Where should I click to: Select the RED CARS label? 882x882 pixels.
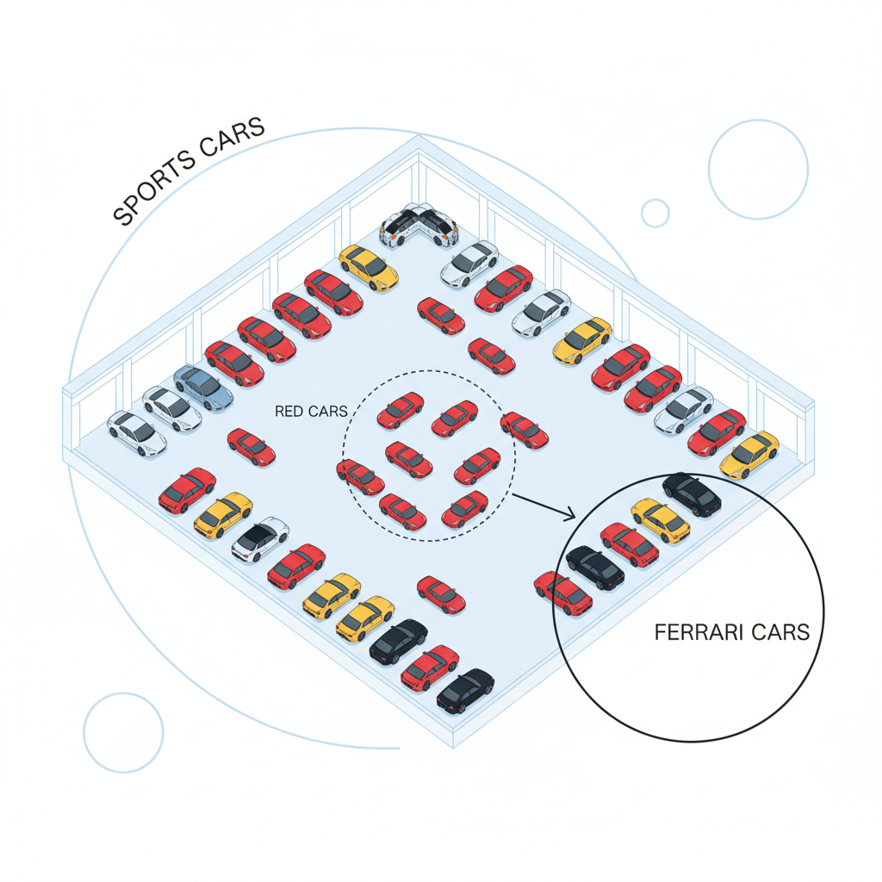311,411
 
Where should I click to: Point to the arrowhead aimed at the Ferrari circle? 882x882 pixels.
569,514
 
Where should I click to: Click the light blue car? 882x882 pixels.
203,388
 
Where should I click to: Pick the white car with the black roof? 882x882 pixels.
260,539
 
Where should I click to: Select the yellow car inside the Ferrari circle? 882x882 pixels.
661,520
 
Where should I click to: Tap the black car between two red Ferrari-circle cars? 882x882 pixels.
594,568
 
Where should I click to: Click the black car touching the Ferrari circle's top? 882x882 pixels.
692,495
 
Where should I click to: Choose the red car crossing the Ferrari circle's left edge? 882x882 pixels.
563,593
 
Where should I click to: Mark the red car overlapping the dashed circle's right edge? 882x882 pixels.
525,431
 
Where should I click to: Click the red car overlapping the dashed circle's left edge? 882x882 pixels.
361,477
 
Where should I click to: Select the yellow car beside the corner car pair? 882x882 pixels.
369,268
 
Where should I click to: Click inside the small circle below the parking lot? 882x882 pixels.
123,732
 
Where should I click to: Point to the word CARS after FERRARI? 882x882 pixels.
780,632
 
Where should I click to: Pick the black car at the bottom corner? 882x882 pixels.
465,691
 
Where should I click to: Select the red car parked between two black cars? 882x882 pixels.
430,668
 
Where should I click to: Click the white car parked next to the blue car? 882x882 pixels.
172,409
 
